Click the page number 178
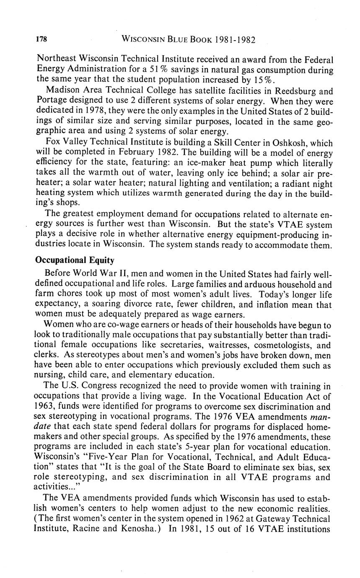pyautogui.click(x=41, y=40)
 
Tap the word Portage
pyautogui.click(x=50, y=101)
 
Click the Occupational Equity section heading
pyautogui.click(x=75, y=260)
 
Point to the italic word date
pyautogui.click(x=44, y=427)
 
